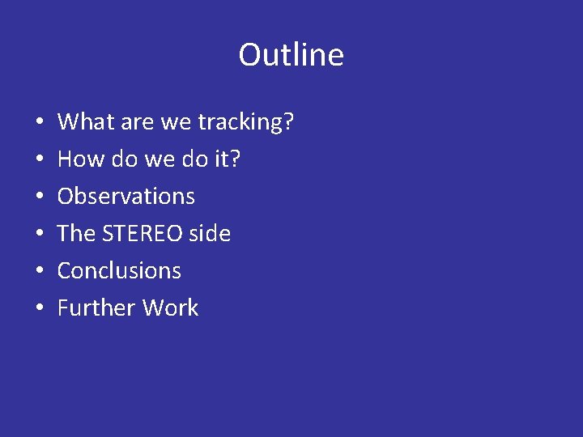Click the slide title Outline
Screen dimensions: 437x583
(x=291, y=55)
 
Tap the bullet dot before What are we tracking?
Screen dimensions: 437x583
(x=40, y=123)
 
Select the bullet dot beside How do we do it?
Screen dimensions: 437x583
(x=40, y=160)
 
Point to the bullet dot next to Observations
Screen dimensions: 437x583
(x=40, y=197)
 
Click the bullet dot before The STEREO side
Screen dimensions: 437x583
(x=40, y=235)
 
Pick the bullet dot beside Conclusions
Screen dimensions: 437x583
(x=40, y=272)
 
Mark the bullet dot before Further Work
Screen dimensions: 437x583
(x=40, y=309)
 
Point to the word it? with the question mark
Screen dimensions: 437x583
(x=227, y=159)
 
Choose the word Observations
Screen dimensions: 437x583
(x=126, y=197)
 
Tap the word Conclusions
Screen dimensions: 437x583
(x=119, y=271)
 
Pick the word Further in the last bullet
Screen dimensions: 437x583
(x=96, y=308)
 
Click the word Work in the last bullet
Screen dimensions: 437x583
(x=171, y=308)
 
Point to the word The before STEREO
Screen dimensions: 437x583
(x=77, y=234)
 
